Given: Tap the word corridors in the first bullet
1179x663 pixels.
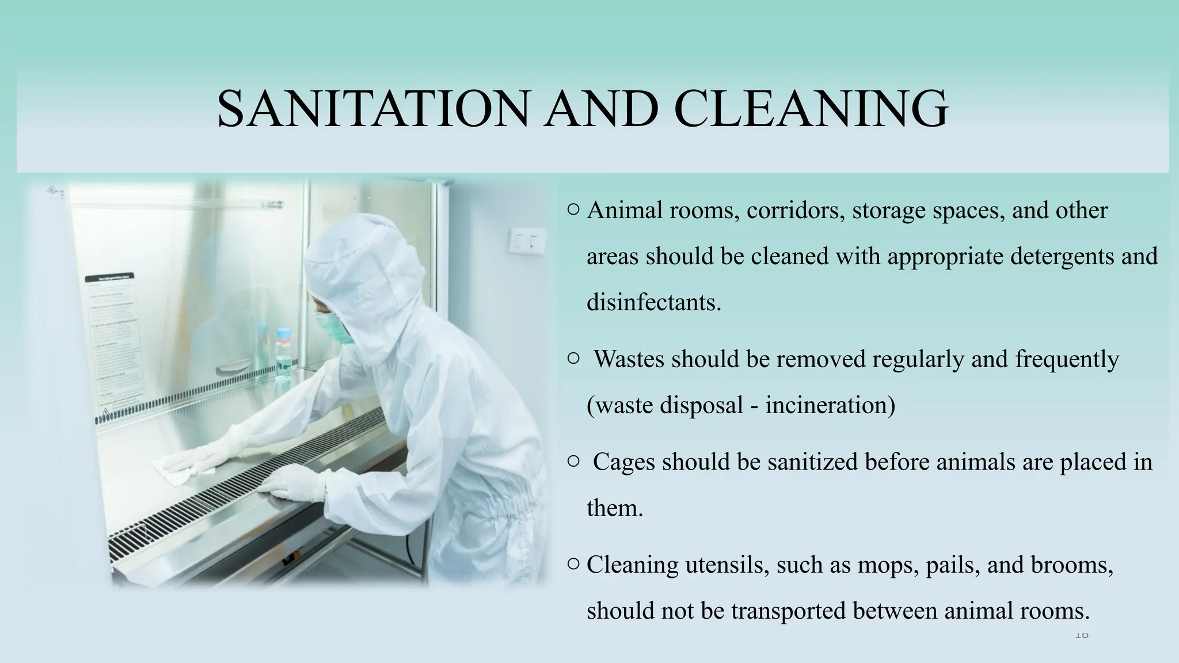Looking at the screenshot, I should tap(796, 211).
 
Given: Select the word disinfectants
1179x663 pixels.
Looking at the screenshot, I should tap(653, 302).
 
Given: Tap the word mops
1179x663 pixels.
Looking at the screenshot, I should tap(889, 565).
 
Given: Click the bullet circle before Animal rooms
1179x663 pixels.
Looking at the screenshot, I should tap(573, 211).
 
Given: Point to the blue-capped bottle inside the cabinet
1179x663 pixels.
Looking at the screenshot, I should tap(284, 350).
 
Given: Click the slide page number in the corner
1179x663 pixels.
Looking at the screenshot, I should tap(1082, 635).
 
